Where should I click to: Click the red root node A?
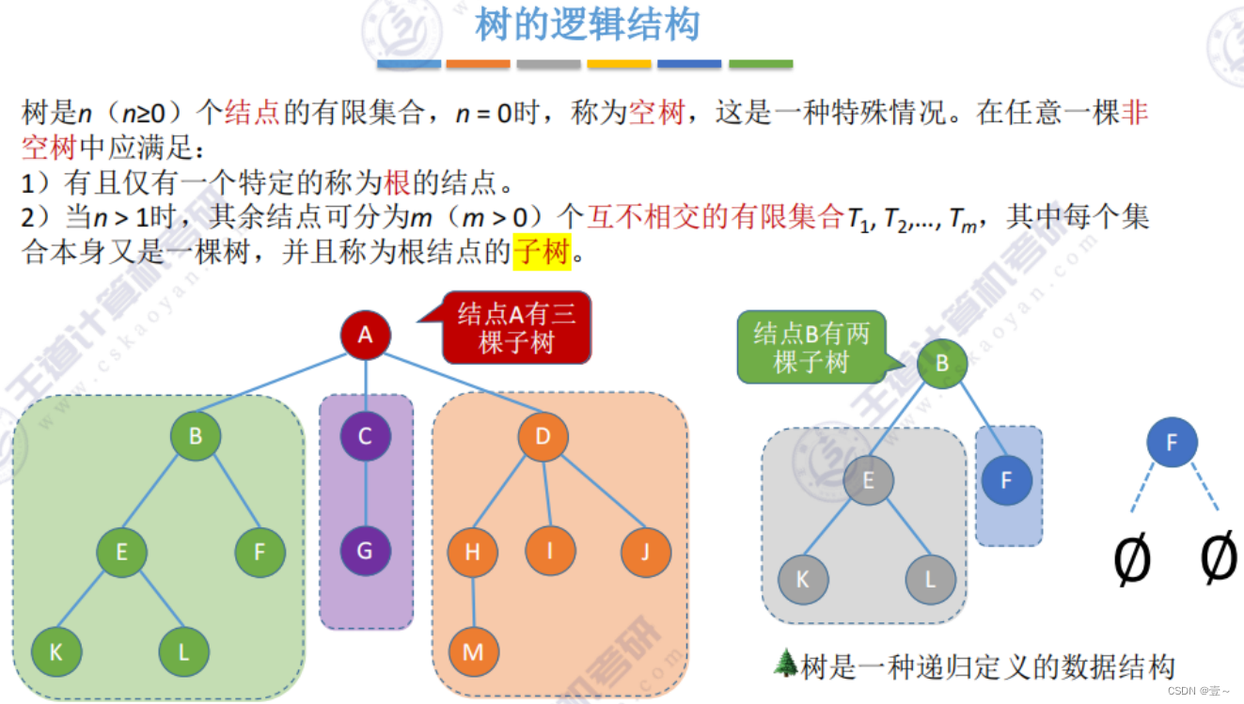click(366, 335)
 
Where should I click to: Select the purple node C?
click(365, 436)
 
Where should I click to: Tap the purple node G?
click(365, 551)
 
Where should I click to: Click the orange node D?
click(543, 436)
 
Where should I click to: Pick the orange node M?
click(473, 652)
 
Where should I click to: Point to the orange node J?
click(646, 552)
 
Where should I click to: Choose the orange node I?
click(550, 552)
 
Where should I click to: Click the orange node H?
click(473, 552)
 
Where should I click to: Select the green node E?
click(121, 552)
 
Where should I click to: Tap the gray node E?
click(868, 481)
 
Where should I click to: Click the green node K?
click(55, 652)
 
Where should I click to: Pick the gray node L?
click(930, 580)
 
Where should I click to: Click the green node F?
click(260, 552)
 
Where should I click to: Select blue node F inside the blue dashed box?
click(1006, 481)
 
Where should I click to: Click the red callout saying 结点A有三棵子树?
click(515, 328)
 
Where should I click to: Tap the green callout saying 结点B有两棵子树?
click(811, 347)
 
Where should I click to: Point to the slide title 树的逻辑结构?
click(588, 25)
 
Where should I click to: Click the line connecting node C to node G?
click(365, 493)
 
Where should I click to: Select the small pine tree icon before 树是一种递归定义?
click(784, 663)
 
